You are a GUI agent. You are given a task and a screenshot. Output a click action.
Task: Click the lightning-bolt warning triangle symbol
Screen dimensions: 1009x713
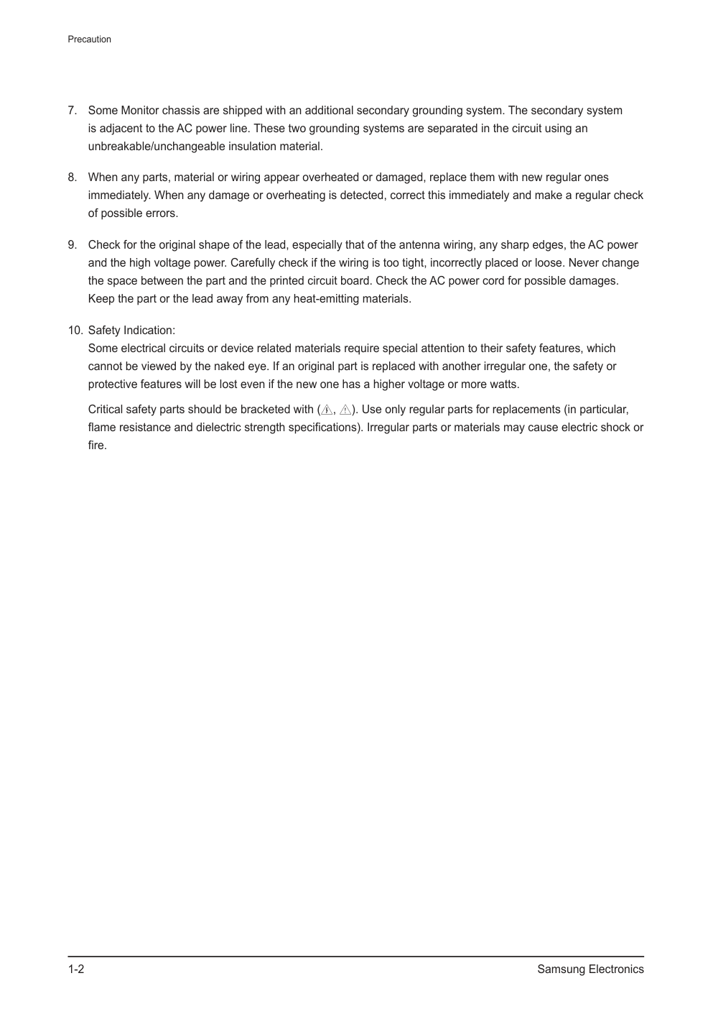pyautogui.click(x=327, y=410)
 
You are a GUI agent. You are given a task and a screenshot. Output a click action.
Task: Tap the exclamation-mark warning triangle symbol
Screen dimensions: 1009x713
pyautogui.click(x=345, y=410)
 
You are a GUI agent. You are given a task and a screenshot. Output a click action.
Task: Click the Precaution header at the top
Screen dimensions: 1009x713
pyautogui.click(x=89, y=40)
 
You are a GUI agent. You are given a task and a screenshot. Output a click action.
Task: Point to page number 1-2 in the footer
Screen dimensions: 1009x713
pyautogui.click(x=76, y=969)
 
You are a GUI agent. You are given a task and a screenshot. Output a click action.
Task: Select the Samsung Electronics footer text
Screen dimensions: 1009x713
pyautogui.click(x=590, y=969)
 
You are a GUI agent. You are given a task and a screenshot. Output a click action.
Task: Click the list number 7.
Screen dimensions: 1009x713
pyautogui.click(x=72, y=111)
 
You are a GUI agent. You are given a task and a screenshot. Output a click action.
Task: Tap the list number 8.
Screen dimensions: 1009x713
pyautogui.click(x=72, y=178)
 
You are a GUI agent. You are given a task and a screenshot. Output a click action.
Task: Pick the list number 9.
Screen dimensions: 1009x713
pyautogui.click(x=72, y=245)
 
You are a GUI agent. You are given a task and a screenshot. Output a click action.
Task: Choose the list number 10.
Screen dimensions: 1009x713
pyautogui.click(x=75, y=331)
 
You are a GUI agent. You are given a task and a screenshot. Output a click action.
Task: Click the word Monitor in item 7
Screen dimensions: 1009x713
pyautogui.click(x=140, y=111)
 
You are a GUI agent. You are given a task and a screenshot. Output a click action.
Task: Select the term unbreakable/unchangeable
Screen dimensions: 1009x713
pyautogui.click(x=157, y=147)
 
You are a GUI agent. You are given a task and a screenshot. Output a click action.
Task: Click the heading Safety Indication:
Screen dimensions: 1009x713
pyautogui.click(x=131, y=331)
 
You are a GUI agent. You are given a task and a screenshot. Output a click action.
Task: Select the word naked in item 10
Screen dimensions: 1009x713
pyautogui.click(x=229, y=367)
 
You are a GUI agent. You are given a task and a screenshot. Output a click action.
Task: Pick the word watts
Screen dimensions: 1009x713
pyautogui.click(x=503, y=384)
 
